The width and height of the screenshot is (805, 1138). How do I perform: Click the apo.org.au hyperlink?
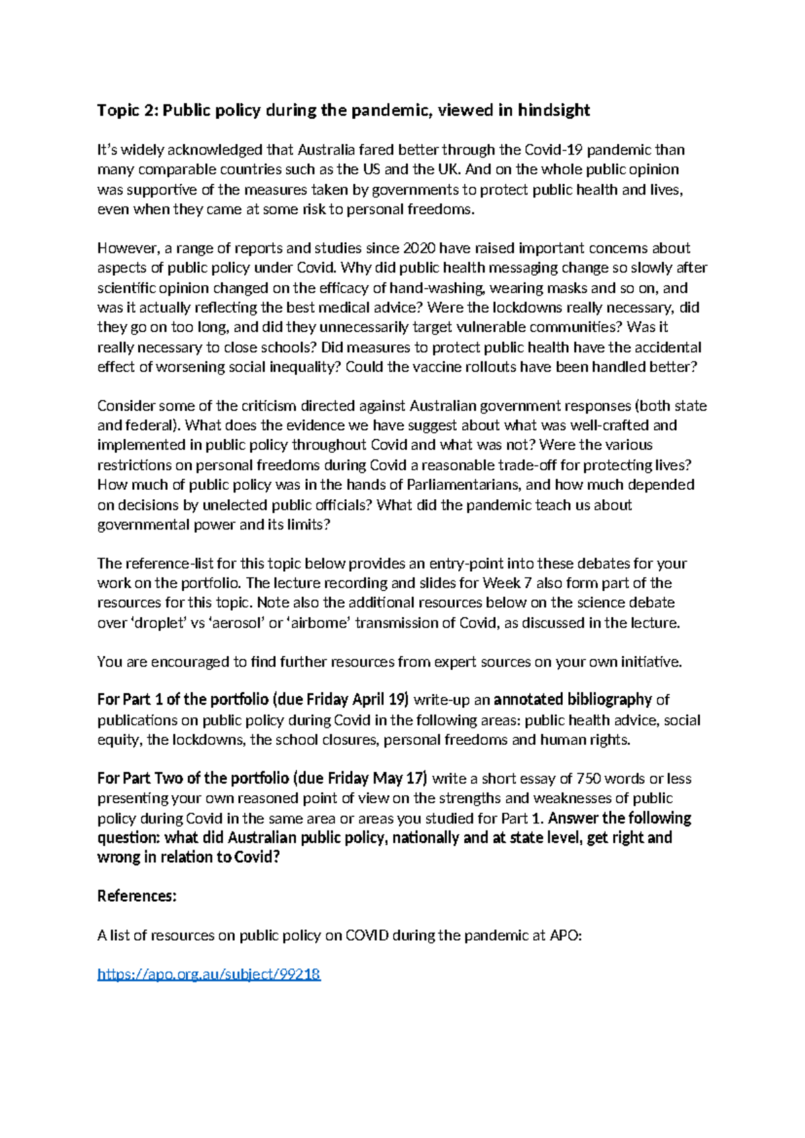pyautogui.click(x=209, y=974)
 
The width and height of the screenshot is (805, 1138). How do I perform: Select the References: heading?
pyautogui.click(x=137, y=896)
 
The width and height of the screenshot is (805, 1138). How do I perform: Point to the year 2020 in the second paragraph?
pyautogui.click(x=418, y=248)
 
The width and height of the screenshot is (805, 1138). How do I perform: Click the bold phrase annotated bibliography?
pyautogui.click(x=572, y=700)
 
